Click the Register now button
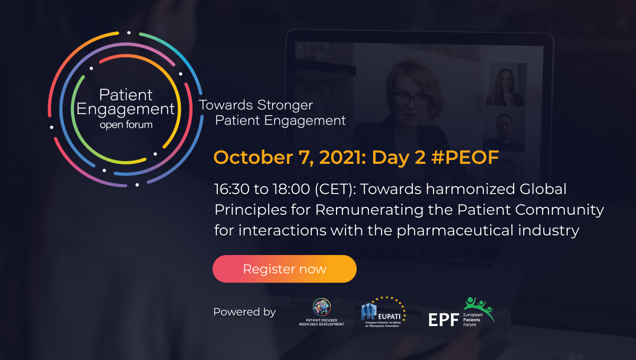point(284,269)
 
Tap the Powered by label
point(244,312)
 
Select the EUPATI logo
point(383,312)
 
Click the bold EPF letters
point(443,319)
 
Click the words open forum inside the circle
point(126,125)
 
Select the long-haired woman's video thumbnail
point(506,85)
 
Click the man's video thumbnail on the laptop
point(506,129)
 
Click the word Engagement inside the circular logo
point(126,110)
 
